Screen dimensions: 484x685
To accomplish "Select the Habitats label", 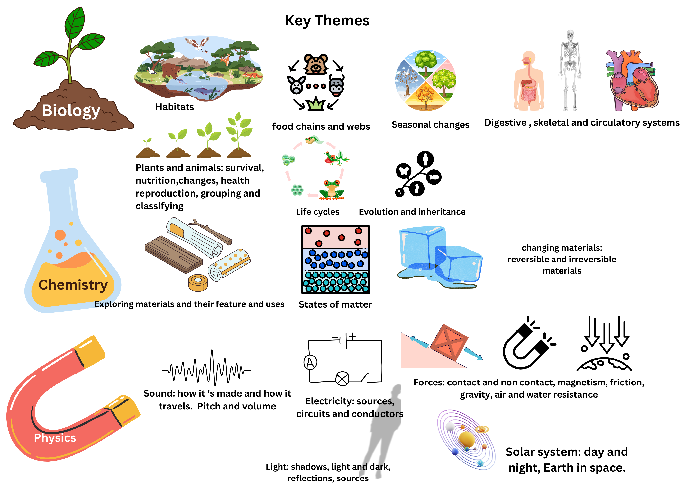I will tap(175, 107).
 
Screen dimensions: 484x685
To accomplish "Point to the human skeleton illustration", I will tap(570, 70).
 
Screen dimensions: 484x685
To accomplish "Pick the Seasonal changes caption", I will tap(430, 125).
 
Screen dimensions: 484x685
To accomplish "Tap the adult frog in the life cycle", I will tap(332, 189).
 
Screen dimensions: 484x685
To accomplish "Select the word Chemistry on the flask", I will tap(73, 285).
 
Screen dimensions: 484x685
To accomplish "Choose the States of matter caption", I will tap(335, 304).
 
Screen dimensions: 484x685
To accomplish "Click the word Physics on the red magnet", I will tap(55, 438).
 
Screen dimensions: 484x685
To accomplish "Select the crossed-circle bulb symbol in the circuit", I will tap(342, 379).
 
